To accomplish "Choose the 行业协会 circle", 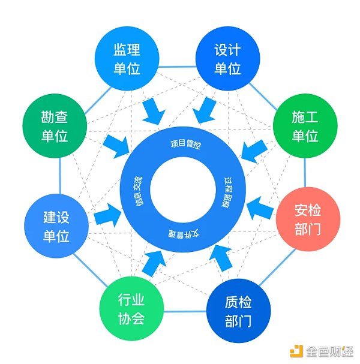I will click(130, 309).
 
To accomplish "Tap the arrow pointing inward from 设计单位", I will click(207, 109).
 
